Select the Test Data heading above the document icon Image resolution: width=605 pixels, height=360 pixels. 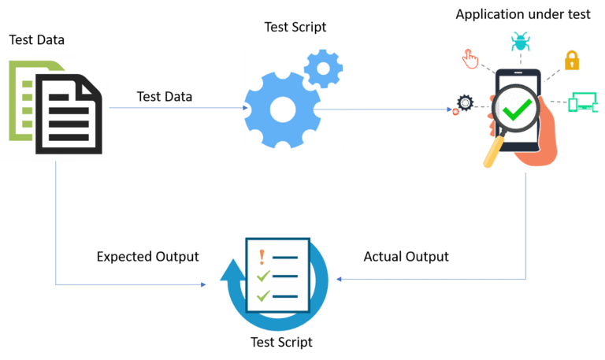pyautogui.click(x=36, y=39)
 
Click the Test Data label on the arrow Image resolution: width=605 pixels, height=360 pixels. pyautogui.click(x=165, y=96)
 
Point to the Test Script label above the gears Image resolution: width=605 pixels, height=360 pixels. pyautogui.click(x=295, y=28)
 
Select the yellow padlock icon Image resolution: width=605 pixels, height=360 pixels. pyautogui.click(x=571, y=60)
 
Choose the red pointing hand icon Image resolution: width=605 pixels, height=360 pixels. pyautogui.click(x=470, y=58)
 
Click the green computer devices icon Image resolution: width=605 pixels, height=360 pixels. pyautogui.click(x=583, y=102)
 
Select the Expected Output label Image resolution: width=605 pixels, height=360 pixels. pyautogui.click(x=147, y=257)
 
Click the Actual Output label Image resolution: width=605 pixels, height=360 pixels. pyautogui.click(x=406, y=257)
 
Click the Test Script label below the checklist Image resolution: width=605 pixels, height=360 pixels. pyautogui.click(x=281, y=343)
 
